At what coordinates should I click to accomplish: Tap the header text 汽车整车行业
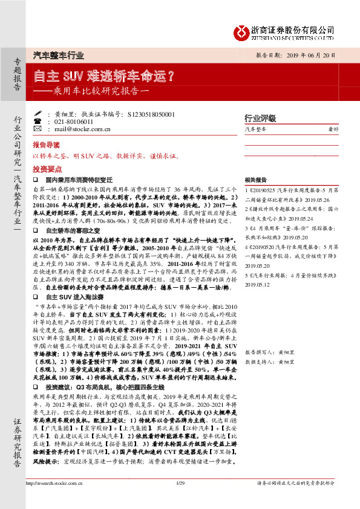58,55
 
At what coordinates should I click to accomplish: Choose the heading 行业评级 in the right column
260,118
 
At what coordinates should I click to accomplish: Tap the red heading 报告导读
46,146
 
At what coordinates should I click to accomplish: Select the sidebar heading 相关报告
255,180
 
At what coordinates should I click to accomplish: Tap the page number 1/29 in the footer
179,499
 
